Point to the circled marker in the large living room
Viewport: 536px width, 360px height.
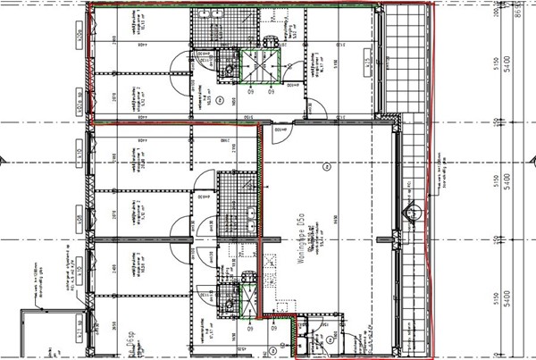pos(327,164)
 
